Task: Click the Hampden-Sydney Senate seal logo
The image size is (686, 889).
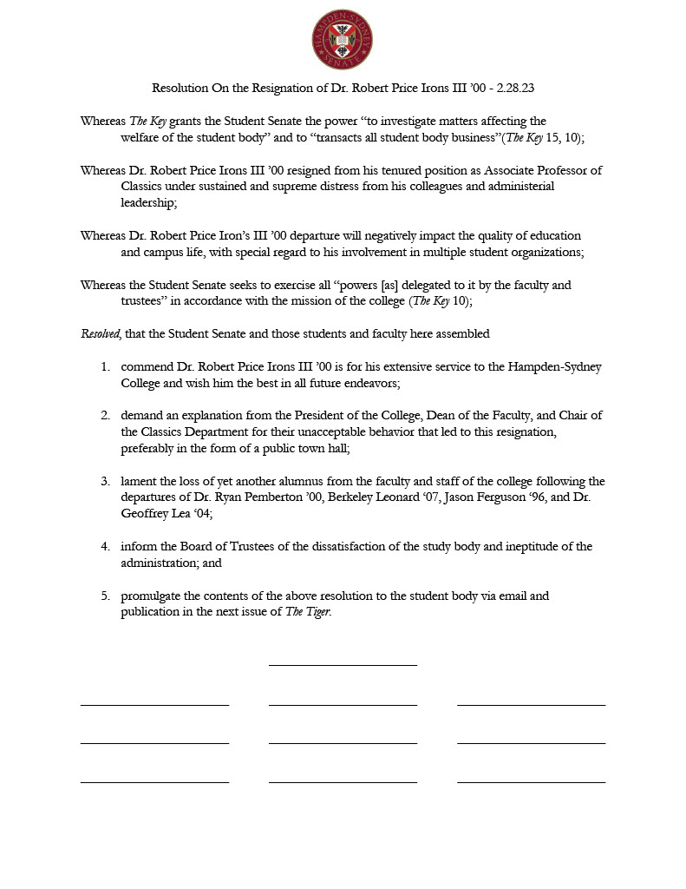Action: click(343, 39)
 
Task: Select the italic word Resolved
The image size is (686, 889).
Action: click(101, 333)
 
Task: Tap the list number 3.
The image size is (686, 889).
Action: click(105, 481)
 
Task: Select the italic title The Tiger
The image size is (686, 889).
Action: click(308, 612)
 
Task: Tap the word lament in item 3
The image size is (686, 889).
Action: click(139, 481)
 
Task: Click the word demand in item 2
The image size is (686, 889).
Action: click(144, 415)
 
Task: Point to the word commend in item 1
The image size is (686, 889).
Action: click(147, 366)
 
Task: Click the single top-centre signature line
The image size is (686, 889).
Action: click(343, 665)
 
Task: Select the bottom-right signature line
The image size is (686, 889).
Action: click(531, 782)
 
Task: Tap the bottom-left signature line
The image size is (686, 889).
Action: click(154, 782)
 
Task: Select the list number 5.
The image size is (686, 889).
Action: click(105, 596)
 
